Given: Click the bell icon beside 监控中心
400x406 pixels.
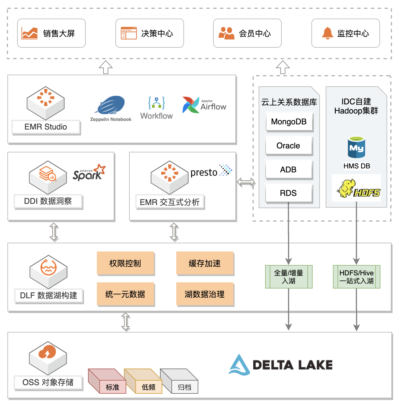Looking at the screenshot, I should (327, 33).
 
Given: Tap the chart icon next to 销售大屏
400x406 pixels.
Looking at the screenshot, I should (30, 33).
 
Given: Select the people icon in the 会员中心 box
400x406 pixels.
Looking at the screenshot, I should (226, 33).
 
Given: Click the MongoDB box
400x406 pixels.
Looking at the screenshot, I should (289, 122).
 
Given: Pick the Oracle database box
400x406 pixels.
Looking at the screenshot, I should (289, 146).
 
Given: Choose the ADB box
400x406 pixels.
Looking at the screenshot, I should (289, 170).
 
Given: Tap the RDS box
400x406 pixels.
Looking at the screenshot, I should (289, 193).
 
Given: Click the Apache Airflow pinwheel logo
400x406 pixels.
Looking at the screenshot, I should (191, 105).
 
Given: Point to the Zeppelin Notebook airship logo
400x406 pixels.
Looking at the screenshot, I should (111, 106).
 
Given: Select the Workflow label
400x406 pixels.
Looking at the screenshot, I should (157, 116).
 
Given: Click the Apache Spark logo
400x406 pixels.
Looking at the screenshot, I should (89, 172).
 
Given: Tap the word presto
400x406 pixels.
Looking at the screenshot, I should (204, 172).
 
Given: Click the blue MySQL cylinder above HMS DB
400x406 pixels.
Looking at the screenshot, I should (356, 147).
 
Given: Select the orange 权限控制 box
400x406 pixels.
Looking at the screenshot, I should (125, 263).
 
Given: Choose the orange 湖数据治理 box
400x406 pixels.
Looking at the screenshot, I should (205, 294).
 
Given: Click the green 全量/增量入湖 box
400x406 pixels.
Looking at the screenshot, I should (289, 277).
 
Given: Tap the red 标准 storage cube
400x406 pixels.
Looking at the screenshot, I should (108, 381).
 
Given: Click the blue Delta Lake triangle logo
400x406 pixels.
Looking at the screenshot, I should (239, 365).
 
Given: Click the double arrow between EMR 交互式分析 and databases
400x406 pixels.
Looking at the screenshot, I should (246, 182).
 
